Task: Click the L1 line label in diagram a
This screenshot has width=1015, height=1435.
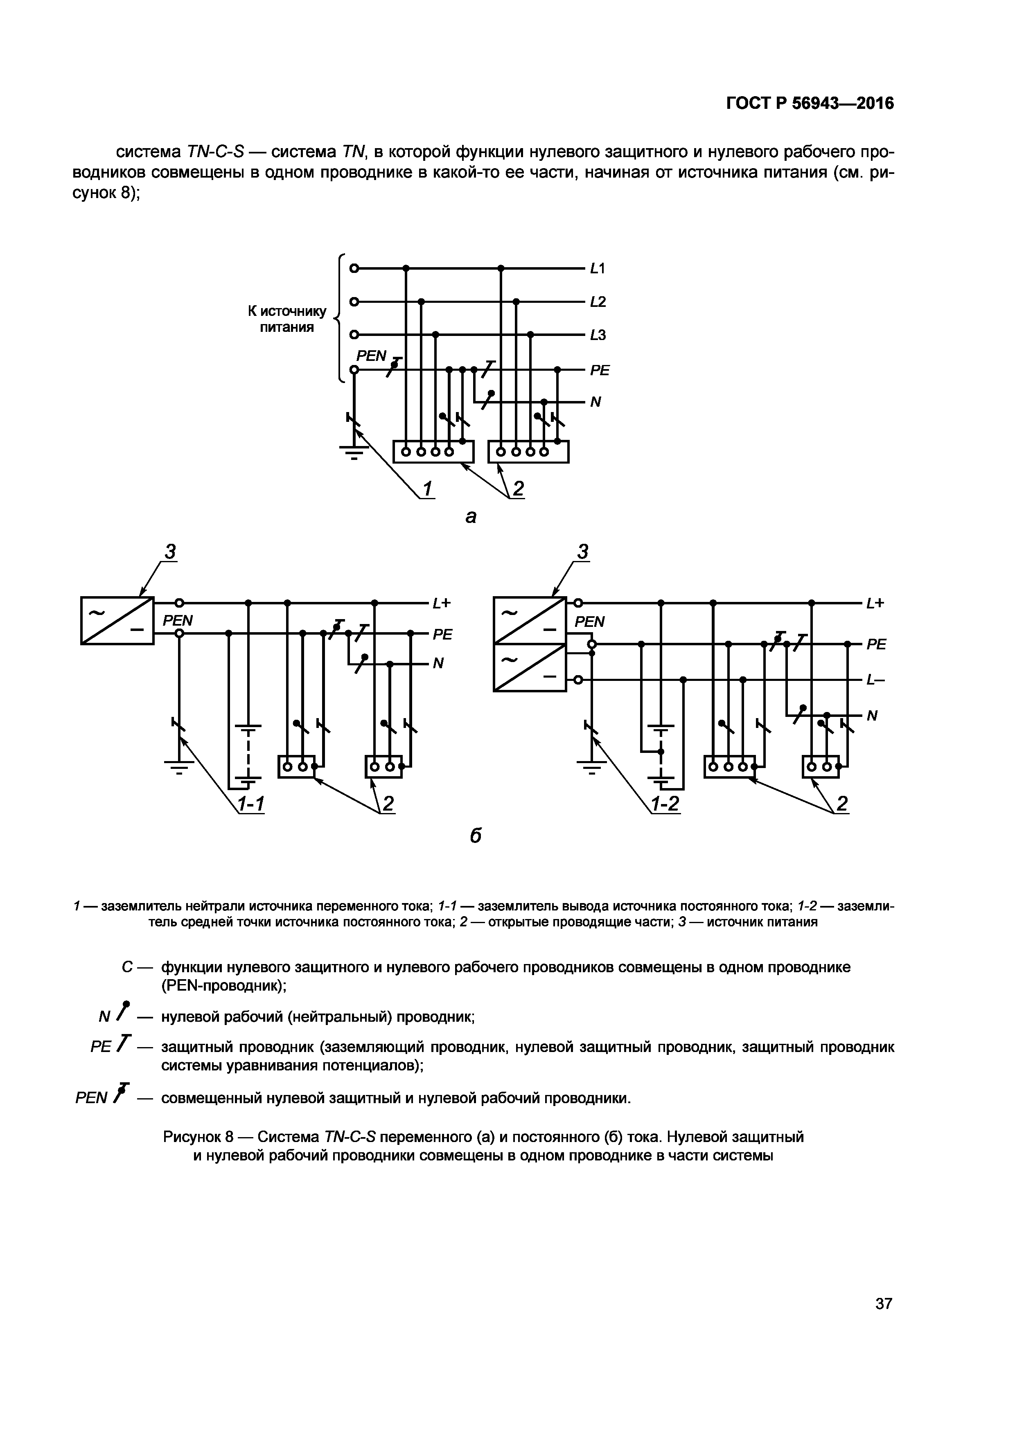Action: coord(598,269)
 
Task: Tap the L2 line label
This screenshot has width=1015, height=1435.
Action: coord(598,302)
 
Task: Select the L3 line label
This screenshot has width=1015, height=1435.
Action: coord(598,335)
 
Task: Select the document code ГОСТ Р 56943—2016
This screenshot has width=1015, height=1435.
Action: coord(810,103)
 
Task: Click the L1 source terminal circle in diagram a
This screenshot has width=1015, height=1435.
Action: coord(354,269)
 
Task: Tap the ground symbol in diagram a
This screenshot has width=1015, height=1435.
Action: coord(354,451)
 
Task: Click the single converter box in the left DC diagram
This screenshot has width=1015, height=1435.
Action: coord(117,621)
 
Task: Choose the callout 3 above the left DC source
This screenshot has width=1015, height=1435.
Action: coord(170,552)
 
